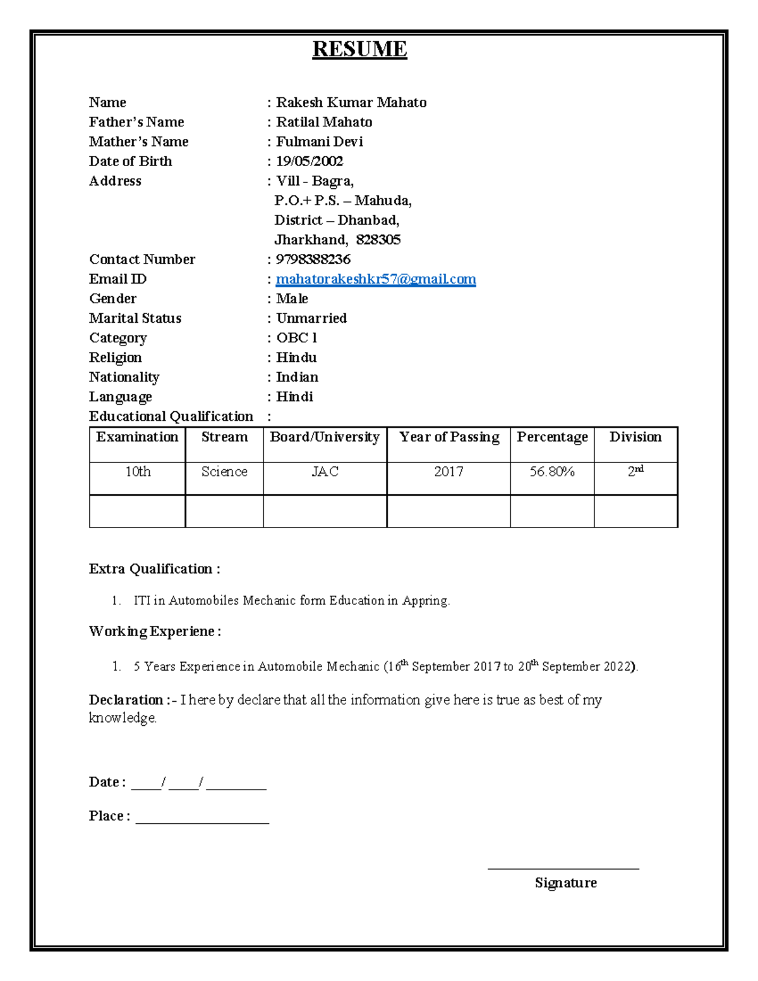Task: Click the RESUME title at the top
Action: click(x=359, y=49)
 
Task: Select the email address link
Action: click(x=376, y=279)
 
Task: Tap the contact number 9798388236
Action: click(x=313, y=260)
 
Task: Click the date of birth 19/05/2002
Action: click(x=310, y=162)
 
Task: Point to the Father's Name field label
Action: click(x=136, y=122)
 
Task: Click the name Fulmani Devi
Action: click(x=320, y=142)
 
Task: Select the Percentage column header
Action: click(x=552, y=437)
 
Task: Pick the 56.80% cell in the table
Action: click(x=552, y=472)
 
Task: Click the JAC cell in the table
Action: click(x=325, y=472)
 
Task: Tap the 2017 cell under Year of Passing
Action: click(x=448, y=472)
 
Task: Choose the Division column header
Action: click(x=635, y=437)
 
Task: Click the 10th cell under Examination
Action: click(x=138, y=472)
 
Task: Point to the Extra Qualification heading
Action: click(x=155, y=569)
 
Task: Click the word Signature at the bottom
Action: click(x=565, y=883)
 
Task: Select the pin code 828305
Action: click(x=378, y=240)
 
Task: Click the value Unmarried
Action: click(x=311, y=318)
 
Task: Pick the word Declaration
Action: click(x=126, y=700)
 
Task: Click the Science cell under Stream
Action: click(x=224, y=472)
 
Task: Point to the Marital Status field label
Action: click(x=135, y=318)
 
